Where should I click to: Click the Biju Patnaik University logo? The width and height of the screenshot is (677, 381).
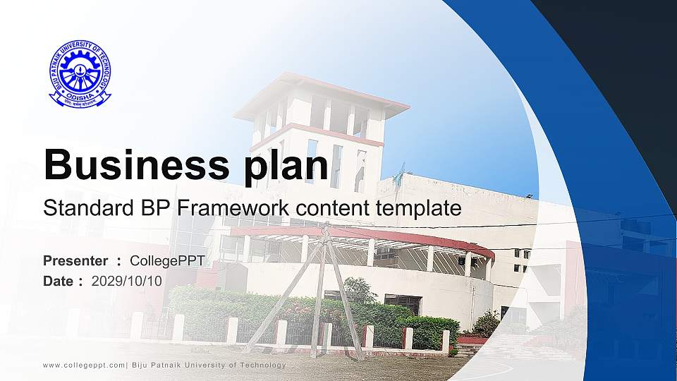[x=80, y=74]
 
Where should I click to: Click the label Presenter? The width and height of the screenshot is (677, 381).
[x=75, y=261]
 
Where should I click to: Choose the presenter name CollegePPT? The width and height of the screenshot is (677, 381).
[x=167, y=261]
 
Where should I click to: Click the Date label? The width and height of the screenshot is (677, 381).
[x=59, y=281]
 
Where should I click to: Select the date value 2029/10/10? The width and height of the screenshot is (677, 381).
[x=126, y=281]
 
